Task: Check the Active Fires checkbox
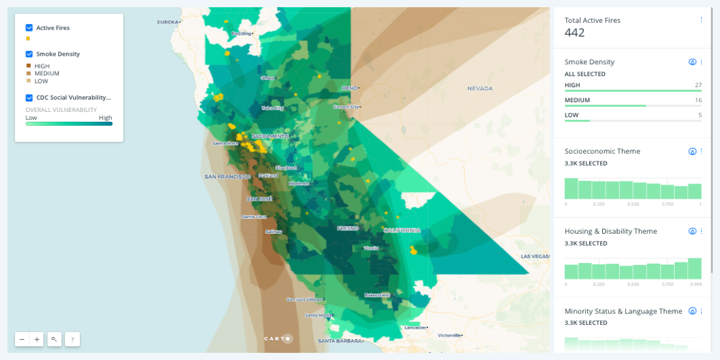point(29,28)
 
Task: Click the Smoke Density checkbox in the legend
point(29,54)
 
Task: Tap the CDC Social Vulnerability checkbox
point(29,98)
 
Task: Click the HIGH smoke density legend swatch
point(28,66)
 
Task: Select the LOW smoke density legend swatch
point(28,81)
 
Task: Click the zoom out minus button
point(22,339)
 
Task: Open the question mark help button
point(72,339)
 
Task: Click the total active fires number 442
point(575,33)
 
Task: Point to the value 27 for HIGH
point(698,86)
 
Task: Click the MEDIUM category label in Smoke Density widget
point(577,100)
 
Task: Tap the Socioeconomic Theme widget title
point(602,151)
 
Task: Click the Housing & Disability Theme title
point(611,231)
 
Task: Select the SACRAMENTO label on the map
point(270,136)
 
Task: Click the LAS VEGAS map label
point(535,256)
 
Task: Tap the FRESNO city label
point(348,228)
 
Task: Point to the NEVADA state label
point(479,88)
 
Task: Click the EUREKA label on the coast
point(168,22)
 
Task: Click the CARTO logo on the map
point(278,338)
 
